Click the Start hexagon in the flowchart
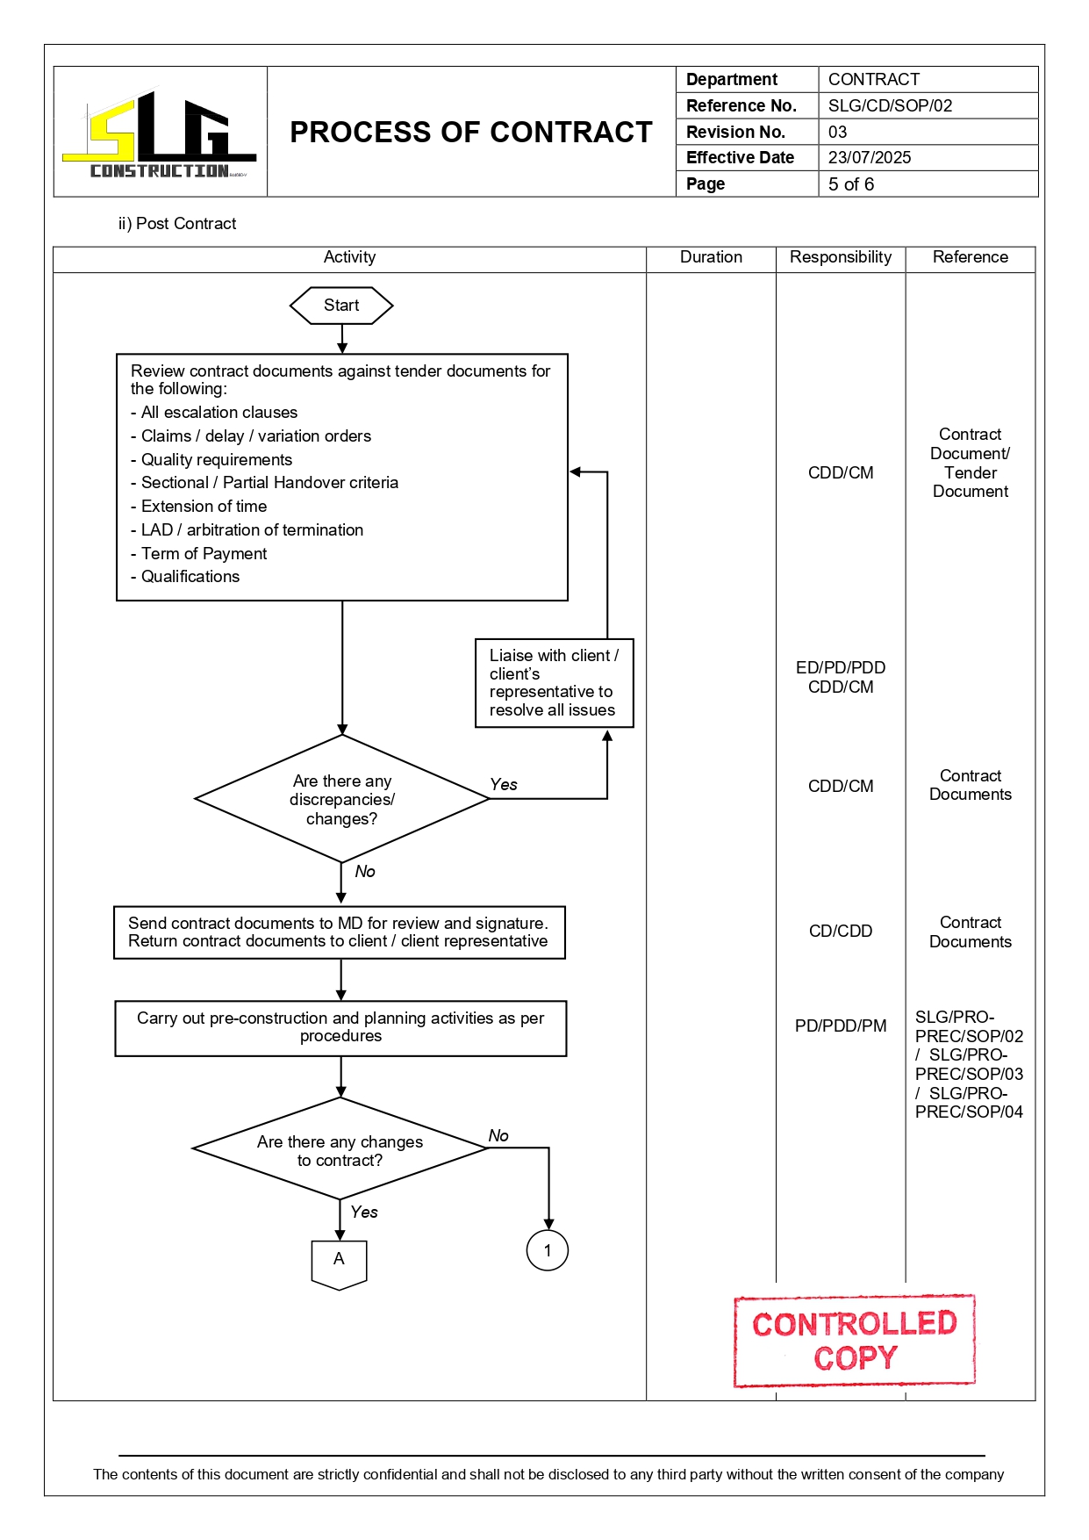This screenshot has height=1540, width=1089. click(341, 306)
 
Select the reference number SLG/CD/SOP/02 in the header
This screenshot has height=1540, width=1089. click(890, 106)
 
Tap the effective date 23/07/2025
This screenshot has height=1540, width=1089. click(869, 158)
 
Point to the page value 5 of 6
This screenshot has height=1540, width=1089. click(850, 184)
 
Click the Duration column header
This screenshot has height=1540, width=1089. click(711, 257)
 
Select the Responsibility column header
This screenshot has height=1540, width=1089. click(840, 257)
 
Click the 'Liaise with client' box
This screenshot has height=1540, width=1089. click(554, 683)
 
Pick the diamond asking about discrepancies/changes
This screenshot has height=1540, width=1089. click(341, 799)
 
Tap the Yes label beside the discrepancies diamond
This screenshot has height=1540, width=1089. click(504, 785)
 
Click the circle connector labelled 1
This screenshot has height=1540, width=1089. click(548, 1250)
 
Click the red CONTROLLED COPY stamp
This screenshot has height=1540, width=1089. click(854, 1341)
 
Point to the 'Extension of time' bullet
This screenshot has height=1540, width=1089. click(204, 507)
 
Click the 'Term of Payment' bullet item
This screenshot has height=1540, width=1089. click(204, 554)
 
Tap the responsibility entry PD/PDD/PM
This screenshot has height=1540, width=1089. click(840, 1026)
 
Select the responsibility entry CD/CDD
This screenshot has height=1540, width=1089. click(840, 932)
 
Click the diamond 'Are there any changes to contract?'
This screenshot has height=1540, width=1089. click(340, 1150)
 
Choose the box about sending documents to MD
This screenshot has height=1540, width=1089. click(339, 932)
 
